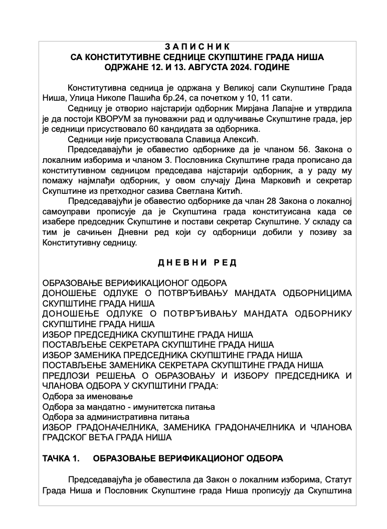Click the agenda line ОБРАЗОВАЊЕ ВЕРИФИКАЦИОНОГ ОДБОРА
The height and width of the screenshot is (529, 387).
[x=134, y=283]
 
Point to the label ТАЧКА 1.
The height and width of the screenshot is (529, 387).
[x=61, y=458]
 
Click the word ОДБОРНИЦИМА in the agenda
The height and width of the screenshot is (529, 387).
[x=317, y=293]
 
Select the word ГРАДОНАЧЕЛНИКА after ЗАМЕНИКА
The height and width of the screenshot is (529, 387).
[x=251, y=427]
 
